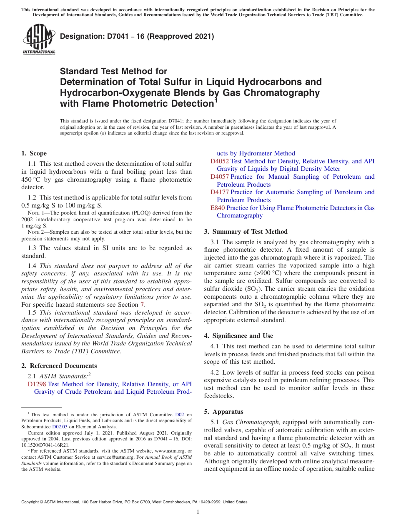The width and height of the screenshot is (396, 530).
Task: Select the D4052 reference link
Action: (220, 161)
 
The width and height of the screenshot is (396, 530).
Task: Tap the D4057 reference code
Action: (220, 177)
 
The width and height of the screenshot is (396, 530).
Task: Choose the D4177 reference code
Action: (220, 192)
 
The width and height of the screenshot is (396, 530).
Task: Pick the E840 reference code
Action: (218, 207)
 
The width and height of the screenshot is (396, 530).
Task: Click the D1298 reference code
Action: (37, 384)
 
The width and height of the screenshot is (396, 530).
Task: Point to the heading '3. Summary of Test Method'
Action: (246, 232)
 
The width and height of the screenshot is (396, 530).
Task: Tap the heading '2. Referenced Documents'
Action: (59, 366)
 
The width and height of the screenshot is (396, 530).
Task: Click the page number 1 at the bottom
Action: (198, 512)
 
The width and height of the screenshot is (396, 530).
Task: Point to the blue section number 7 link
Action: (142, 305)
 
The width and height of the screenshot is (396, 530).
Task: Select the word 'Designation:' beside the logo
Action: (80, 37)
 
